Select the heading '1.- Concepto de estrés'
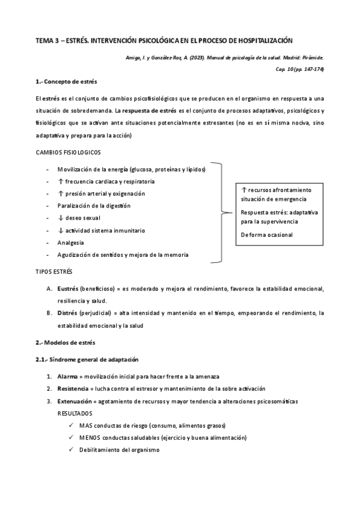pyautogui.click(x=66, y=82)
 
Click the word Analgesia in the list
pyautogui.click(x=71, y=242)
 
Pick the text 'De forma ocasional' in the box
pyautogui.click(x=267, y=234)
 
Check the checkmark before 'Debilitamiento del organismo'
pyautogui.click(x=72, y=450)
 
